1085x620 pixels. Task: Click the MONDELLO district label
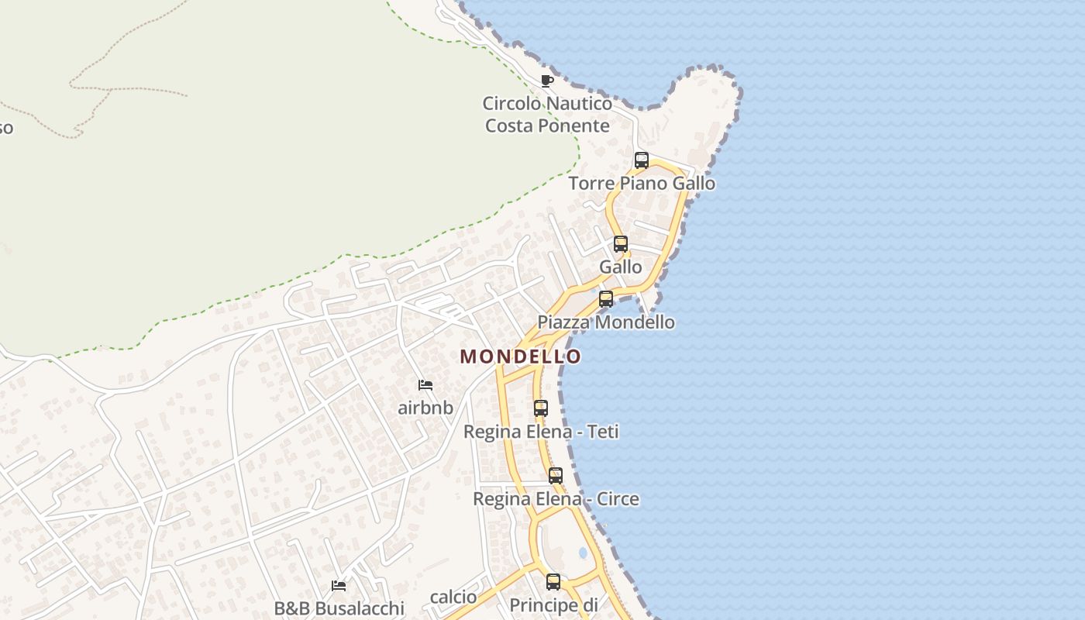coord(520,356)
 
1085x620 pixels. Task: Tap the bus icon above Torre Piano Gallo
coord(642,160)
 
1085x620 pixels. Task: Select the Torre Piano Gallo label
coord(642,184)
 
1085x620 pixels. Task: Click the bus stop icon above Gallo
coord(621,244)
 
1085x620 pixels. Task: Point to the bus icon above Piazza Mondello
coord(606,299)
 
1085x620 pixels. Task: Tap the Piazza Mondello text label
coord(606,322)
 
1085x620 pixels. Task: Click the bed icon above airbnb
coord(425,384)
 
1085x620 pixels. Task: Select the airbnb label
coord(425,408)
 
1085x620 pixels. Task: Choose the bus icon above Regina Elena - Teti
coord(541,408)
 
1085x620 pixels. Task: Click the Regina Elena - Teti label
coord(541,432)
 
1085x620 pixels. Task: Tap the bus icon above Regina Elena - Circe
coord(556,476)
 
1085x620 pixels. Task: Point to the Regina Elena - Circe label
coord(556,499)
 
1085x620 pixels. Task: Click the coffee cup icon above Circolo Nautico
coord(547,81)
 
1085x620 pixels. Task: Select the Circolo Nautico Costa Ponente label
coord(547,114)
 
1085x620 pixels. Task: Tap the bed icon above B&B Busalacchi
coord(339,585)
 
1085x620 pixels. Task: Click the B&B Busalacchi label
coord(339,608)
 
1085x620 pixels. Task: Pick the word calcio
coord(453,597)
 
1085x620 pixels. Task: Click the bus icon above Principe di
coord(553,581)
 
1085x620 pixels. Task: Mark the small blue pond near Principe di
coord(583,553)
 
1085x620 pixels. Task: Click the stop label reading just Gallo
coord(621,267)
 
